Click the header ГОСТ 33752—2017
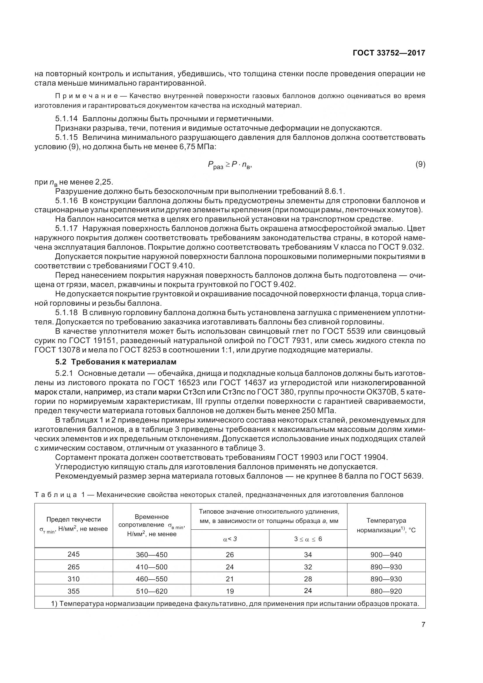click(389, 53)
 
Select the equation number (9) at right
click(420, 164)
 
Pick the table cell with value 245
click(74, 554)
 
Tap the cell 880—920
click(386, 591)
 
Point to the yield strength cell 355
click(74, 591)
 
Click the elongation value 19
click(230, 591)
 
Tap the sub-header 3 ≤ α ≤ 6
click(308, 539)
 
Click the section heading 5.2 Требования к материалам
click(116, 362)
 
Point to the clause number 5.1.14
click(66, 119)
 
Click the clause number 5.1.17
click(66, 228)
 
